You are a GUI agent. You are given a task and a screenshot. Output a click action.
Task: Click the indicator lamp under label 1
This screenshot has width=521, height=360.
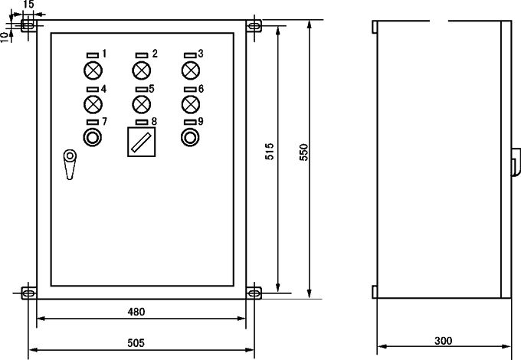93,70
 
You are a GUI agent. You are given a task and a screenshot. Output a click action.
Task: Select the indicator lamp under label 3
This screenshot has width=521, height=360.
191,70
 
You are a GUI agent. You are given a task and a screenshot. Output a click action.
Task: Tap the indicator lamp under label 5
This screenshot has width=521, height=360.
142,104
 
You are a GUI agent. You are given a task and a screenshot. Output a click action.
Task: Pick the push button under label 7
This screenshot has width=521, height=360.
93,137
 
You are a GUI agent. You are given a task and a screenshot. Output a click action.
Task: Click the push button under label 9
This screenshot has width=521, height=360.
190,137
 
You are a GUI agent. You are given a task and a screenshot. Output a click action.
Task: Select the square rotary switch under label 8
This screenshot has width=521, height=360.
142,142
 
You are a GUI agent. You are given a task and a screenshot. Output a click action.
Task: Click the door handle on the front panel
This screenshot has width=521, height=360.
70,165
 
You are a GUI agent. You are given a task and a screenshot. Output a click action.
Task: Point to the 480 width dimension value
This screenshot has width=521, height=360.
136,312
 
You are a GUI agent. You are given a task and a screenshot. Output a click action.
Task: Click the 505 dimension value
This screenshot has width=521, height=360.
136,342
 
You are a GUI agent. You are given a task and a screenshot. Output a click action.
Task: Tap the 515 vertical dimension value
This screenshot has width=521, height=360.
270,152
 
